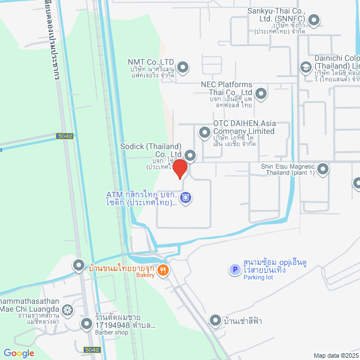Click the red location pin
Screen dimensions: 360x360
click(x=179, y=169)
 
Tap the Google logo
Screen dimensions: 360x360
click(x=19, y=353)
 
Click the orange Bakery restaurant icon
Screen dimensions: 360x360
click(x=163, y=269)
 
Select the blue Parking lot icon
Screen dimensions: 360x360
click(x=235, y=270)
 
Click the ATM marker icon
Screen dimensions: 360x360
click(x=186, y=197)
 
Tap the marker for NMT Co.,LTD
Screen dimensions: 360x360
click(x=183, y=68)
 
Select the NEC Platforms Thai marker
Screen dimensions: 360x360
click(x=262, y=93)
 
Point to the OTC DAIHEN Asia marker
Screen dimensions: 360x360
click(x=204, y=132)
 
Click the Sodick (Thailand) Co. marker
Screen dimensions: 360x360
click(x=191, y=155)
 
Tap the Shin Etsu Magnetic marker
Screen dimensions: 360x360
click(x=323, y=168)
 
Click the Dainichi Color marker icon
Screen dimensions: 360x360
click(x=306, y=67)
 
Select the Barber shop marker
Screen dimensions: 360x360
click(x=86, y=323)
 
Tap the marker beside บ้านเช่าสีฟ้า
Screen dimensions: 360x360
click(x=215, y=321)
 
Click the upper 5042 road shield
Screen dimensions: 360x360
click(x=65, y=136)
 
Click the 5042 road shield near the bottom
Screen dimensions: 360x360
click(x=92, y=350)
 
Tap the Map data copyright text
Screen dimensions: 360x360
click(x=336, y=355)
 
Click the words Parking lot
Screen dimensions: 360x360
click(x=257, y=278)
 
